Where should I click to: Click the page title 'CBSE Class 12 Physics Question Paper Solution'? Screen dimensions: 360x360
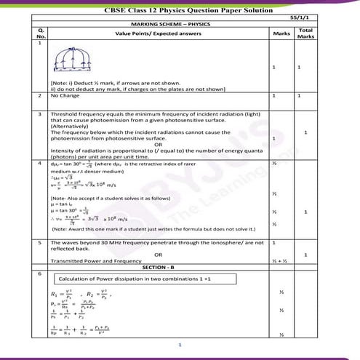pos(180,8)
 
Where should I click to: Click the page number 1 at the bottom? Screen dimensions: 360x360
pos(180,345)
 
